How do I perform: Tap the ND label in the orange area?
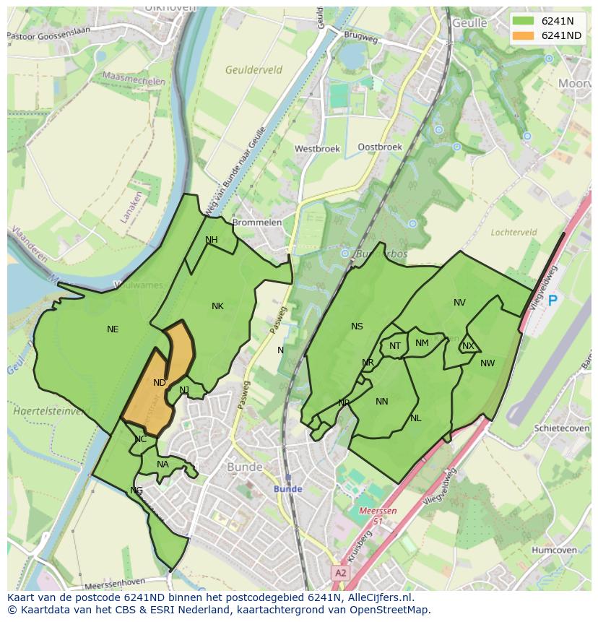point(160,382)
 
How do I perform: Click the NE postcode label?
point(113,329)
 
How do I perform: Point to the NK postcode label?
point(217,306)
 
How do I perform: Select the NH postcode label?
point(212,240)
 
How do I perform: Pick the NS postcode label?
point(357,327)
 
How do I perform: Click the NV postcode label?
point(459,303)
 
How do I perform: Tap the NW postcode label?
point(487,363)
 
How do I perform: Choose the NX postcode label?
point(468,346)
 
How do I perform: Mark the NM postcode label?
point(422,343)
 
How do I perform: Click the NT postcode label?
point(395,346)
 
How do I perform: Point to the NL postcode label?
point(416,418)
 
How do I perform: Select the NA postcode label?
point(162,465)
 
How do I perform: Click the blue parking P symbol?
point(552,301)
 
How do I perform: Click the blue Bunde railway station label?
point(287,489)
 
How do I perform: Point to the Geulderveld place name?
point(253,70)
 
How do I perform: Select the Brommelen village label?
point(256,223)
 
